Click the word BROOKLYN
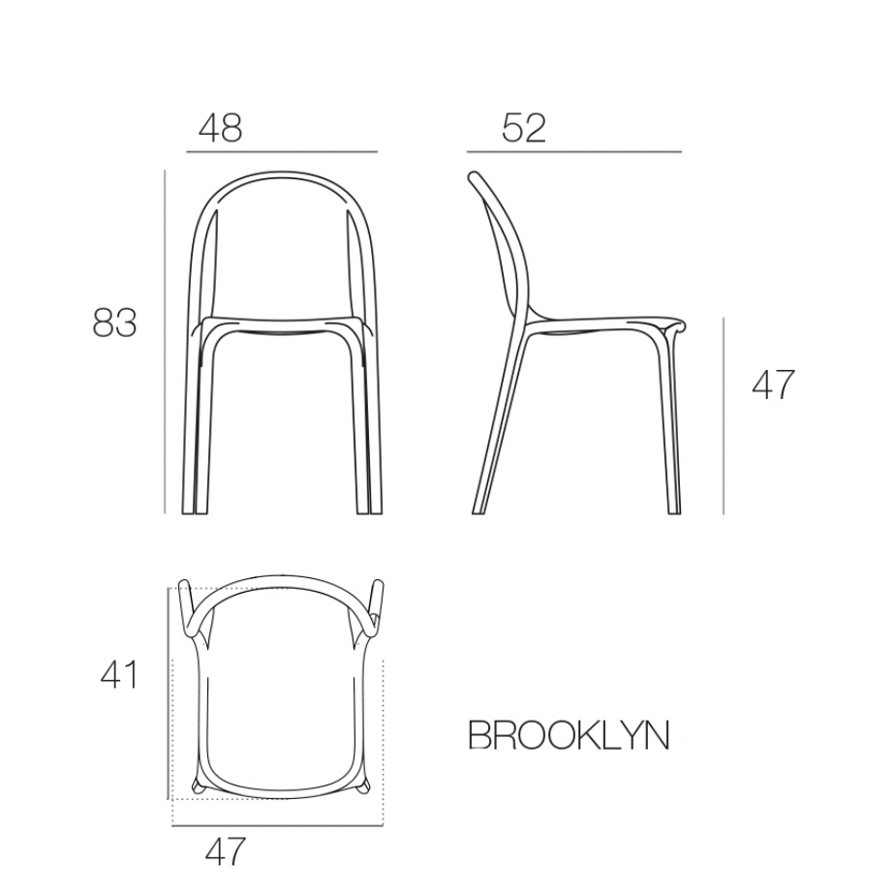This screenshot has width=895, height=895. [569, 735]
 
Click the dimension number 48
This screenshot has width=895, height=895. [220, 128]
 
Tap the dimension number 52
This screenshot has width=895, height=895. [524, 128]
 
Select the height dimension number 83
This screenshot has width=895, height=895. [114, 323]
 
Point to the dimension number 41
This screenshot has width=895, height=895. [119, 675]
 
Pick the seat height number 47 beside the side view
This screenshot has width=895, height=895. [773, 385]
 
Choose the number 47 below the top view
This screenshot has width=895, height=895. [226, 851]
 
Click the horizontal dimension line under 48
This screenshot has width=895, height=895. [282, 152]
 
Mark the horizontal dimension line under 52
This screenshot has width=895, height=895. [574, 152]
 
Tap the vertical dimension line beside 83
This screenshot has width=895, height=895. [165, 341]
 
